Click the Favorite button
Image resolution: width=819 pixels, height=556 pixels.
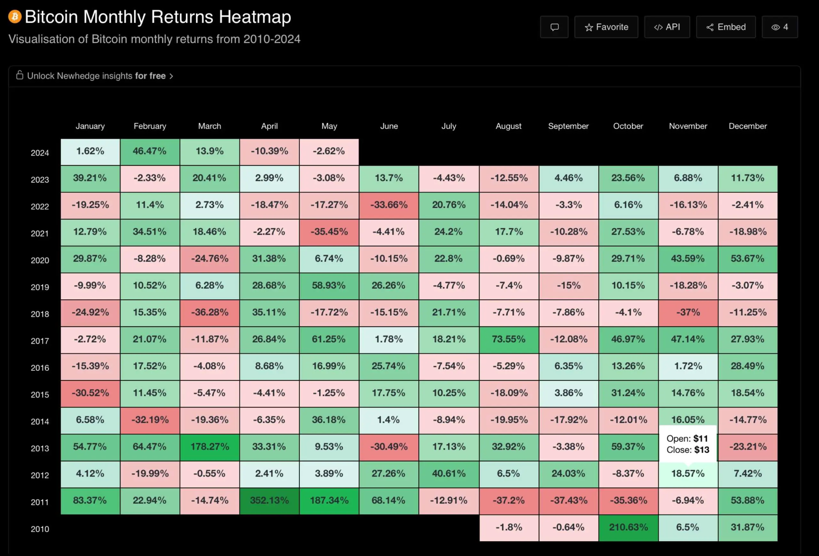tap(606, 27)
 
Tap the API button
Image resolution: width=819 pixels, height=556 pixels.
tap(667, 27)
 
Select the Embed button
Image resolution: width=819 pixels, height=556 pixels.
tap(726, 27)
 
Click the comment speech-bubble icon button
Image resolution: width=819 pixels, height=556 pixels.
tap(554, 27)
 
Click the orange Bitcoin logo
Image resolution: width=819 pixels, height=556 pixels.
tap(15, 17)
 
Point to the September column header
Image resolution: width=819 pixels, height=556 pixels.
tap(568, 126)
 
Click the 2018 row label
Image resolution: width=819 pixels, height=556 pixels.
tap(40, 314)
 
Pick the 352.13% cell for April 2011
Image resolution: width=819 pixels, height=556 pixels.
tap(269, 501)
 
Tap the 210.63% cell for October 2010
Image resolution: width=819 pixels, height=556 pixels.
tap(628, 528)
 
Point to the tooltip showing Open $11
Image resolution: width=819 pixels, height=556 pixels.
tap(688, 444)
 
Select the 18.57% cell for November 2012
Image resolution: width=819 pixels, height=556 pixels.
tap(688, 474)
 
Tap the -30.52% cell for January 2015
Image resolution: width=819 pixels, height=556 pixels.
tap(90, 393)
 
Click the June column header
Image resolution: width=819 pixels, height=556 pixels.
tap(389, 126)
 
